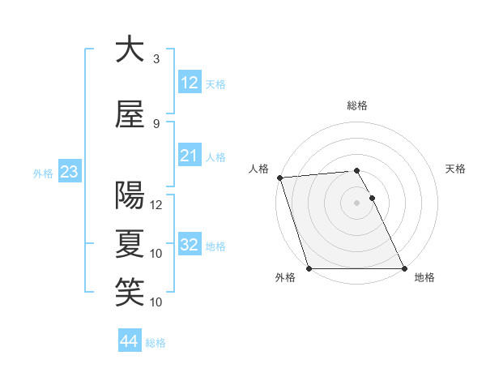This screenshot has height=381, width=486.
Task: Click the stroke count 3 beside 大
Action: pyautogui.click(x=156, y=58)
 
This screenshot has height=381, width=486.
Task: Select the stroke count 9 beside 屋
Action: pyautogui.click(x=156, y=123)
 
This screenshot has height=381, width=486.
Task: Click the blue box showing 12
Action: pyautogui.click(x=189, y=82)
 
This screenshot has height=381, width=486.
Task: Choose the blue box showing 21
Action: pyautogui.click(x=189, y=155)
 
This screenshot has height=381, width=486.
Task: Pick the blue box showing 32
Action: pyautogui.click(x=189, y=244)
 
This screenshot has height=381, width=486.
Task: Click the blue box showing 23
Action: pyautogui.click(x=69, y=171)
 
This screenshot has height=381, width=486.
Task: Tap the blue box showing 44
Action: pyautogui.click(x=129, y=341)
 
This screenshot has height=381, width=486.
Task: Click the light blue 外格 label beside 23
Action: pyautogui.click(x=42, y=173)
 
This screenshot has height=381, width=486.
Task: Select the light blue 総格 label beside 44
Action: pyautogui.click(x=156, y=343)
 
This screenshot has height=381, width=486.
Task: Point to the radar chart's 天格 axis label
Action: pyautogui.click(x=456, y=169)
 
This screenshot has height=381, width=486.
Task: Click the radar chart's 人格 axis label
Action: pyautogui.click(x=258, y=169)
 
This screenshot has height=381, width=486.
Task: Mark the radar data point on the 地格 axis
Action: pyautogui.click(x=404, y=268)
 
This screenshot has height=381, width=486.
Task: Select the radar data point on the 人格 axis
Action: pyautogui.click(x=279, y=178)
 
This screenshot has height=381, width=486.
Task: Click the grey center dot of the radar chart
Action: pyautogui.click(x=356, y=203)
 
